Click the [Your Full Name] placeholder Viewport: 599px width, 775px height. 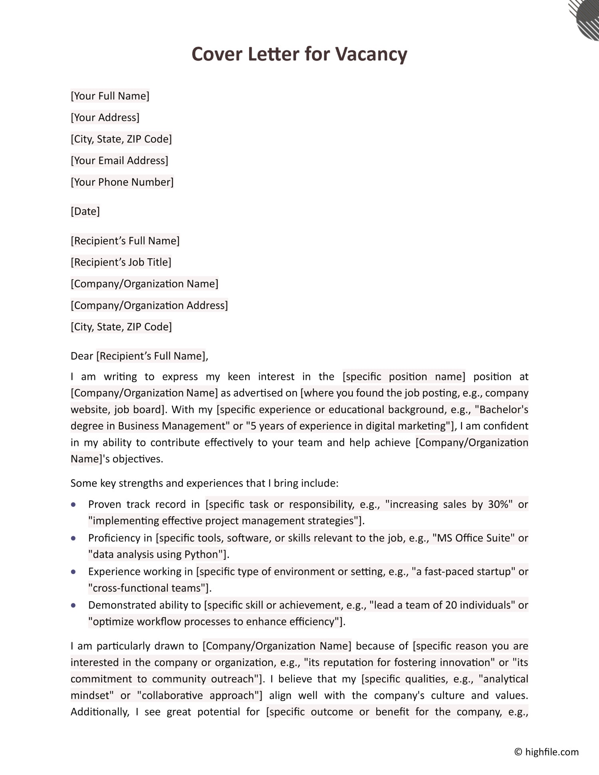point(110,96)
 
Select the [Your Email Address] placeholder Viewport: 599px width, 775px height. point(119,161)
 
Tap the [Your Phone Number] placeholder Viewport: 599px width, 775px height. point(122,182)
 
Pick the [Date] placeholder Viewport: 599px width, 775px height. point(85,211)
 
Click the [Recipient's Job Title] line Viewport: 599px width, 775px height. point(121,262)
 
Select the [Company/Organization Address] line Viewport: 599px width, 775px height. point(149,305)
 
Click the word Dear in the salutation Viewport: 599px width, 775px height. point(81,356)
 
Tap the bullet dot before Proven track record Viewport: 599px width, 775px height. point(73,505)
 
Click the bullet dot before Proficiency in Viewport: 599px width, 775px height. point(73,538)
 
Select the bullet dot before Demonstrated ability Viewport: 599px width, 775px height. point(73,605)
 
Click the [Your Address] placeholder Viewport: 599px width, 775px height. point(105,117)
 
